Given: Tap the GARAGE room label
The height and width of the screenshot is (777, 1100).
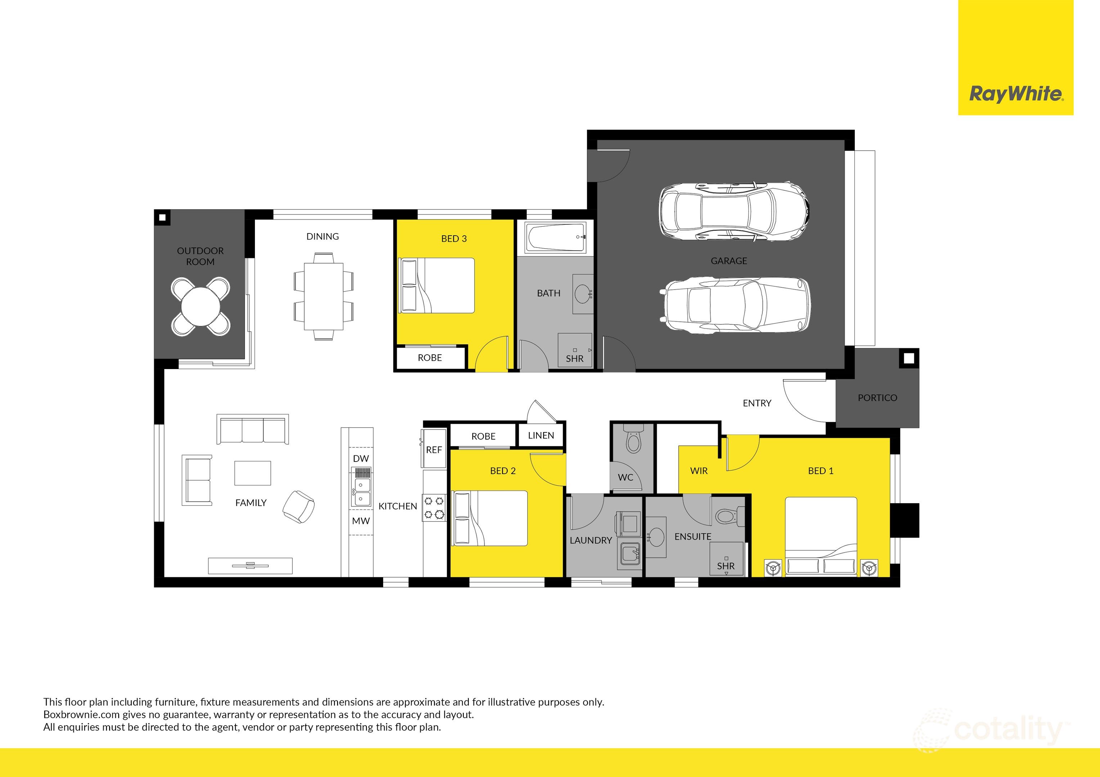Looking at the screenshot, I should tap(729, 261).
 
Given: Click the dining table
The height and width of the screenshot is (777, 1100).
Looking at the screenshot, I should tap(323, 296).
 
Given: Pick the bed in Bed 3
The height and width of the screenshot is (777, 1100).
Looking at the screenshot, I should tap(436, 286).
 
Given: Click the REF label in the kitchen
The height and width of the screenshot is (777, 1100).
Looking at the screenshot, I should tap(434, 450).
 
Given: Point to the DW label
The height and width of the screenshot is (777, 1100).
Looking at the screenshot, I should tap(361, 459).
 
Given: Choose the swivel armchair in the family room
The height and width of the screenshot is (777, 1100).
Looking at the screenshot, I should tap(299, 506).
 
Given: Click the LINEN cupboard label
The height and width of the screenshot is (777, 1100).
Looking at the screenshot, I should tap(541, 436).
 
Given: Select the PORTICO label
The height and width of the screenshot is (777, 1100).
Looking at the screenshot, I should tap(877, 398).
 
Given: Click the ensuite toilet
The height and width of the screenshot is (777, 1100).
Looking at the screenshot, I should tap(727, 517).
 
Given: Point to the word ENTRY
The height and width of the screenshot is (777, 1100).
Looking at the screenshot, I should tap(757, 404).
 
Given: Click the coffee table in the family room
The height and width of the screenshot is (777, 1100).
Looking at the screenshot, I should tap(252, 473).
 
